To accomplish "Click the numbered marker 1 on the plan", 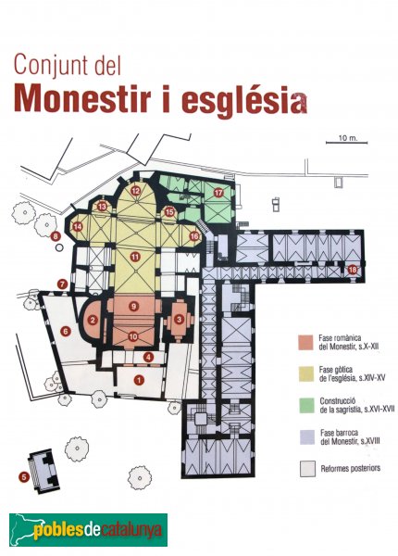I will click(x=140, y=379).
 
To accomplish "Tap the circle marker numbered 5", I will click(x=22, y=476).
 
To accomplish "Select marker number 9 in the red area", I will click(x=134, y=306).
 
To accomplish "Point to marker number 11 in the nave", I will click(x=135, y=256).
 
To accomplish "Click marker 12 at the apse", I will click(x=135, y=191).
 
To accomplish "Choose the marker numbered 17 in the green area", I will click(x=219, y=192).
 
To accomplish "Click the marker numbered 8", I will click(x=56, y=237).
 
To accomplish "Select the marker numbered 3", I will click(x=179, y=319).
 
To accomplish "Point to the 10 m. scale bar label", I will click(x=347, y=137).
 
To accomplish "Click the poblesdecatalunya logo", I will click(x=88, y=530).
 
